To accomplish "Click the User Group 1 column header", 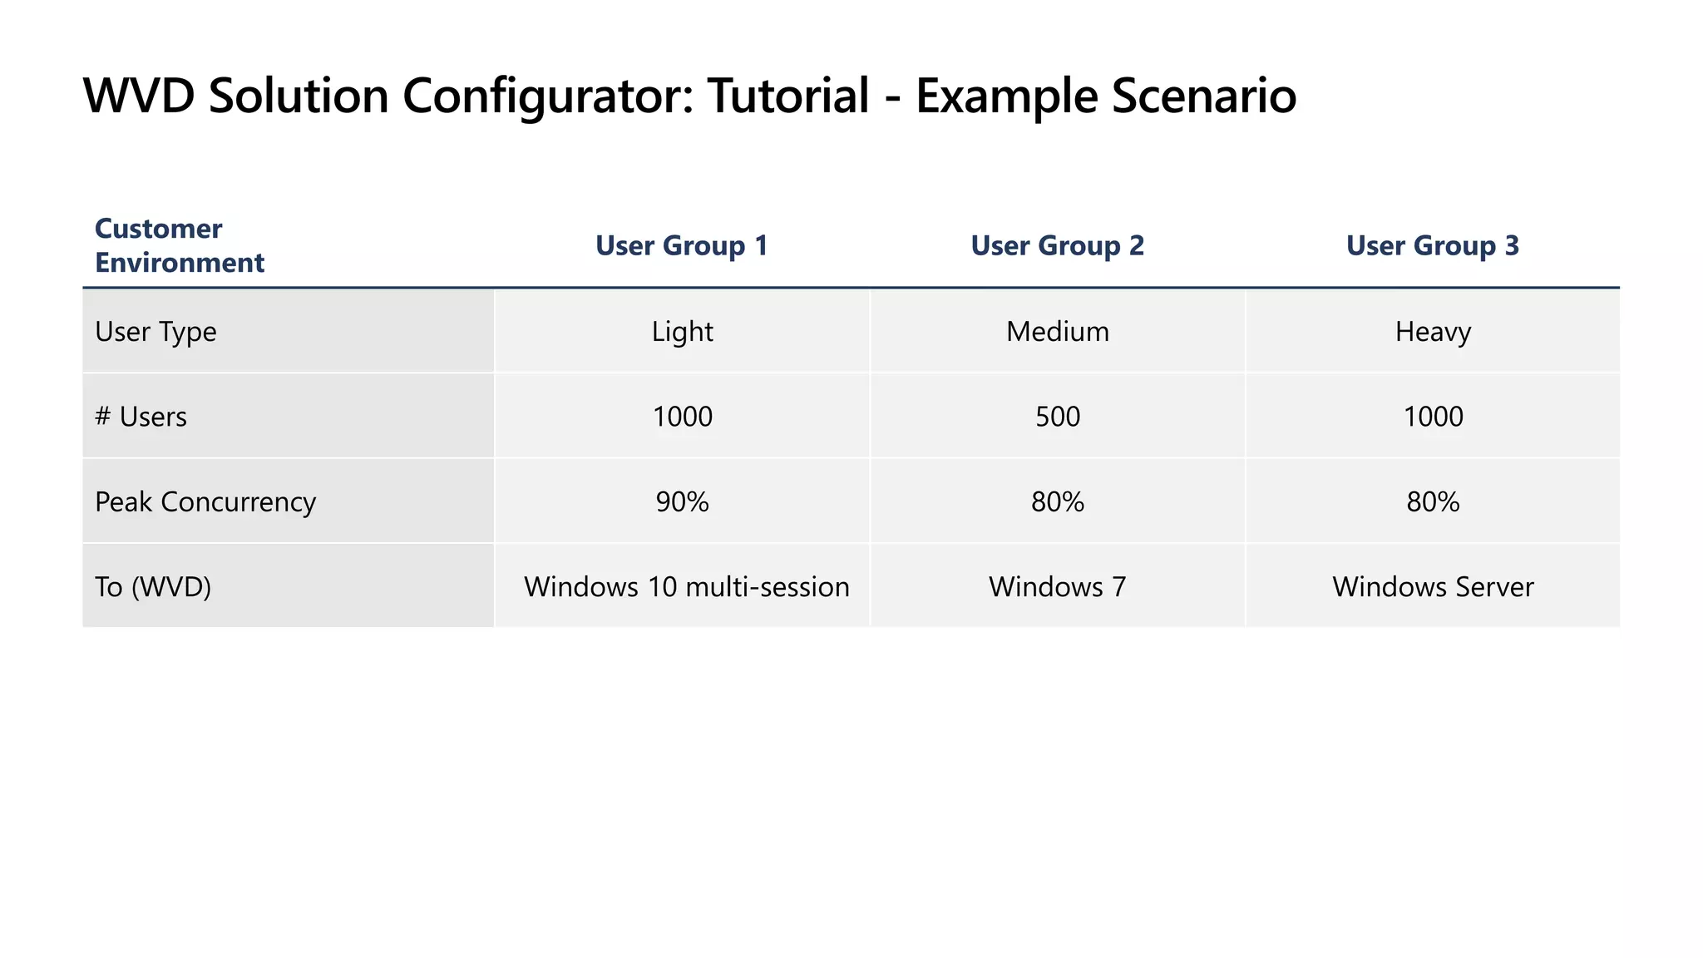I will point(682,246).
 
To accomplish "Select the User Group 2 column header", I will point(1057,246).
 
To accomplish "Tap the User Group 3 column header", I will point(1432,246).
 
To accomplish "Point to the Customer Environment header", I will point(179,245).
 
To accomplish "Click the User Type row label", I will point(155,332).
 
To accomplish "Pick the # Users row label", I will point(141,417).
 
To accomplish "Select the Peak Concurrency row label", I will point(205,502).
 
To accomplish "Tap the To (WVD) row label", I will point(153,587).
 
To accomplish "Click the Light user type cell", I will point(682,332).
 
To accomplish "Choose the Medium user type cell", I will point(1057,332).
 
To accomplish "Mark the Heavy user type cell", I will point(1433,332).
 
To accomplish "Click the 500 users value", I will point(1057,417).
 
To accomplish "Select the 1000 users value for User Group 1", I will point(682,417).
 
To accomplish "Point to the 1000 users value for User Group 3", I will point(1433,417).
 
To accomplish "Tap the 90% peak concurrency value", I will point(682,502).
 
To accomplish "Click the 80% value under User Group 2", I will point(1057,502).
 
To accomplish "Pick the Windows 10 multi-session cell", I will point(686,587).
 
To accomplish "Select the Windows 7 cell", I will point(1057,587).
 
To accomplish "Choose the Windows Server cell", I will point(1433,587).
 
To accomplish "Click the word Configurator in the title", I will point(548,96).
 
